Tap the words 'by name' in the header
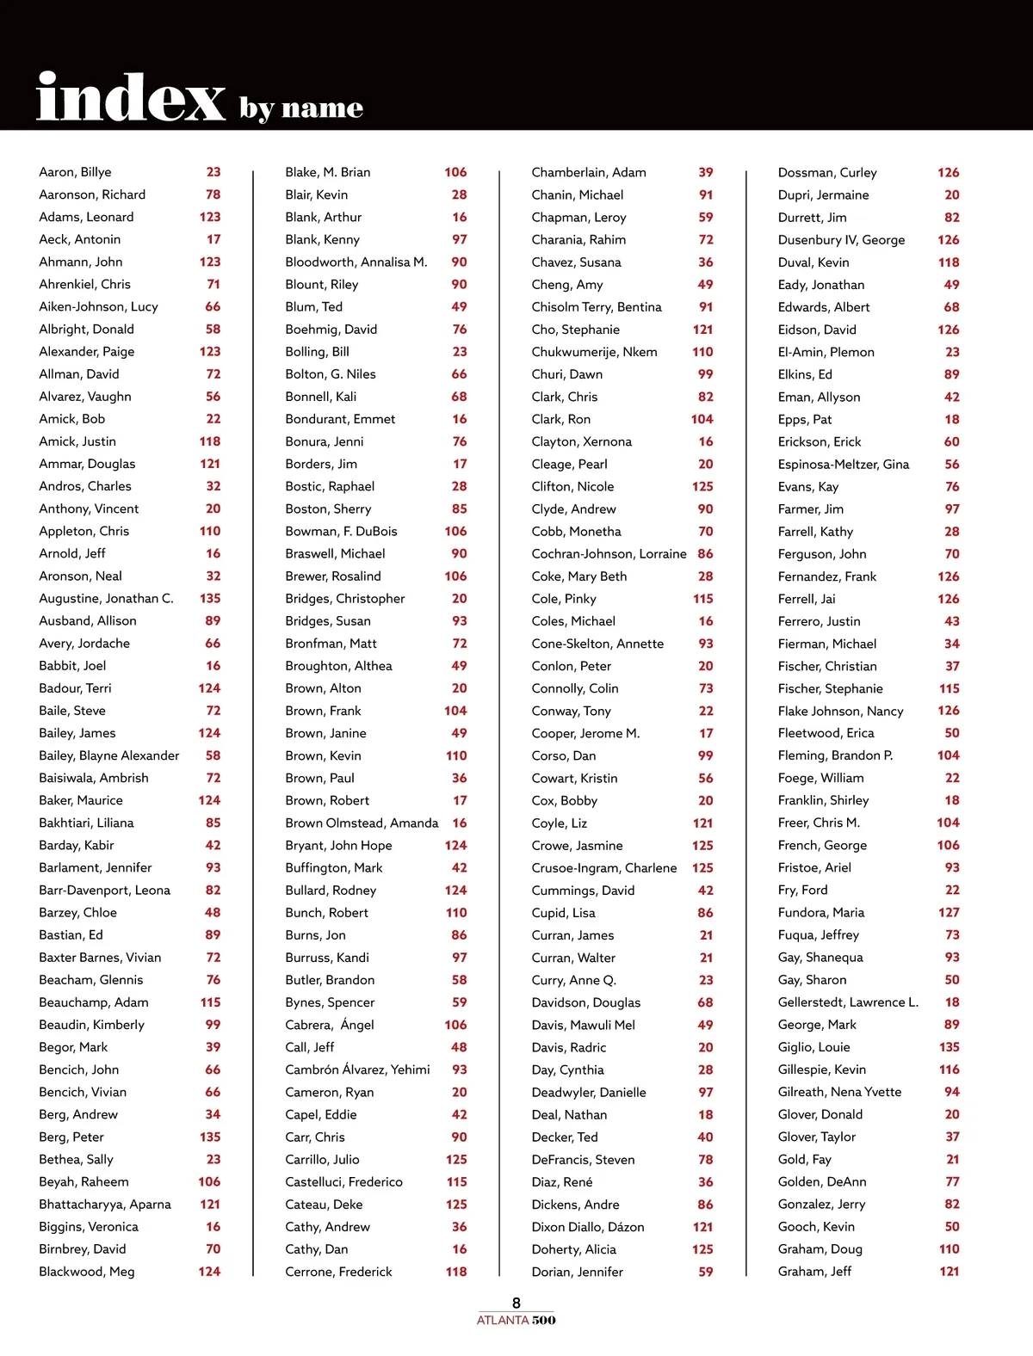[301, 108]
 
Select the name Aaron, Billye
[75, 172]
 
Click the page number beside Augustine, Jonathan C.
[210, 598]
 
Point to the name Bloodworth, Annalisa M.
[356, 262]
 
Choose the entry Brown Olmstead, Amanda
[362, 823]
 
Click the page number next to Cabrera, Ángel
[455, 1025]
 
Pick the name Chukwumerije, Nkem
[594, 352]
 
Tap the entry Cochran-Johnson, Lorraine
[609, 553]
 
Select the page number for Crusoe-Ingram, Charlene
[702, 867]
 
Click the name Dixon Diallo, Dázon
[587, 1227]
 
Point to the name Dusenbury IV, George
[841, 240]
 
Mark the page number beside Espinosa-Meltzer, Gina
[951, 464]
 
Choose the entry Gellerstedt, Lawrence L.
[848, 1002]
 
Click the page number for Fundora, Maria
[949, 912]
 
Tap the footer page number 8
[516, 1303]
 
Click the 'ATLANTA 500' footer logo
[516, 1320]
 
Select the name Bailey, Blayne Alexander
[109, 755]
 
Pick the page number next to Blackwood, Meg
[209, 1272]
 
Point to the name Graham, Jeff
[814, 1272]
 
